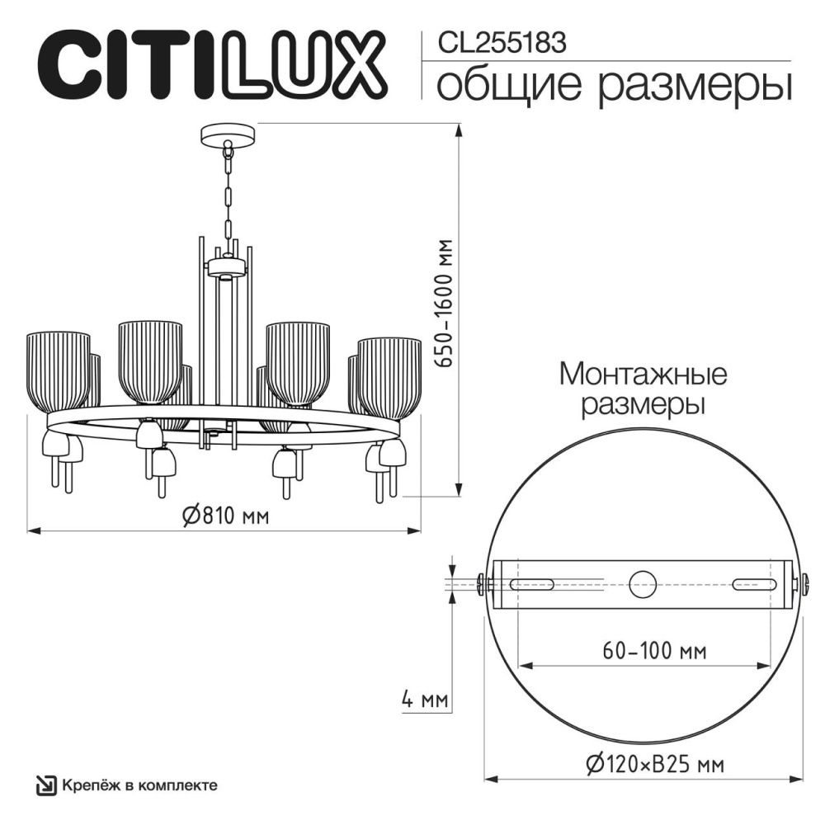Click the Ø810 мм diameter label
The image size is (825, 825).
coord(224,516)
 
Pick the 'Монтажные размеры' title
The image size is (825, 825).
coord(643,389)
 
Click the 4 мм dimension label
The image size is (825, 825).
coord(424,701)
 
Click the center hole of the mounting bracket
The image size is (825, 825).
coord(643,584)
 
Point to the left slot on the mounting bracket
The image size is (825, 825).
coord(533,584)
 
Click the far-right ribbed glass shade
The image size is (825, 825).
coord(389,375)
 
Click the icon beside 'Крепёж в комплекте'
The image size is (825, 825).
coord(46,785)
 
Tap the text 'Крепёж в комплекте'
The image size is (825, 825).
coord(140,785)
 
